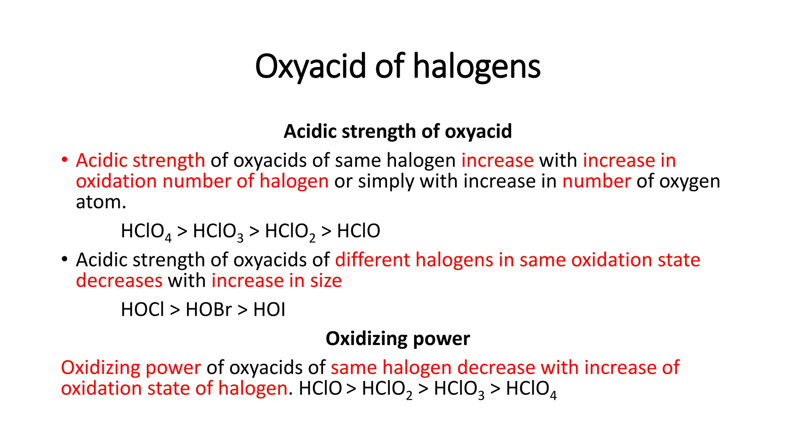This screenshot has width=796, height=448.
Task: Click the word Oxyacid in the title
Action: point(311,66)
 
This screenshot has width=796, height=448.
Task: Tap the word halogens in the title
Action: point(477,66)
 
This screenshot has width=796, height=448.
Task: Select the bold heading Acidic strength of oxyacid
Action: point(398,131)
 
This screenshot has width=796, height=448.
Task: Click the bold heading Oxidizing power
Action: point(398,339)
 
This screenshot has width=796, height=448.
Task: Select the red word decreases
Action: point(119,281)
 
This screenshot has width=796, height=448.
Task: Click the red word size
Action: point(326,281)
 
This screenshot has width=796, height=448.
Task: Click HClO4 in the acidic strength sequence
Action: point(146,232)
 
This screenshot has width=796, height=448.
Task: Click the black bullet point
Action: point(64,259)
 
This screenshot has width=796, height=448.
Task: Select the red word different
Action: point(372,260)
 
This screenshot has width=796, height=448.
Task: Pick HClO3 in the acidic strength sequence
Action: point(218,232)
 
